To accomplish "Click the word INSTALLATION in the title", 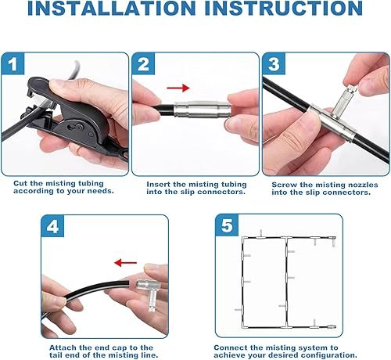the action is point(111,8).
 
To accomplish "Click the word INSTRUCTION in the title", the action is point(284,8).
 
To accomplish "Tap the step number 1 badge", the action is point(13,63).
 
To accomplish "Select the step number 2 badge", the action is point(143,63).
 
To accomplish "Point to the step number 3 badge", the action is point(274,63).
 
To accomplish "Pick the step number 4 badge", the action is point(52,226).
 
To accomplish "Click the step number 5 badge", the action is point(227,225).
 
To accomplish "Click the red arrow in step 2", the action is point(178,88).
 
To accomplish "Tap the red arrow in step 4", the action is point(126,262).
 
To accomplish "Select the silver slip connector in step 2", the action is point(203,109).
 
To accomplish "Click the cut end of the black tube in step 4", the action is point(128,283).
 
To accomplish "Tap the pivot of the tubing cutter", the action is point(74,127).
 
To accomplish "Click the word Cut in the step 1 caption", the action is point(20,183).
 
